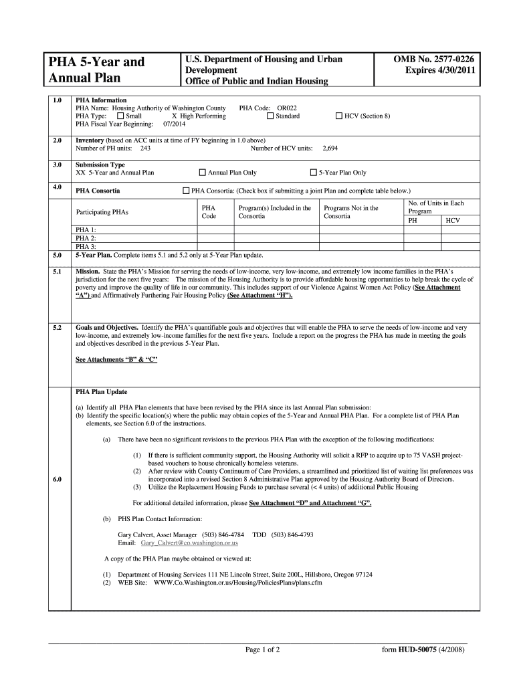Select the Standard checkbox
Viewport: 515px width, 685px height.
click(270, 116)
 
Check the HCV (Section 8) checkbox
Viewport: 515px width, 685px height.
click(338, 116)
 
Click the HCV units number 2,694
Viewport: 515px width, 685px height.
click(330, 148)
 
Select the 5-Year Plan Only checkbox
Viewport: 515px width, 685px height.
click(313, 173)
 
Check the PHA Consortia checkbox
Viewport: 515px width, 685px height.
click(186, 191)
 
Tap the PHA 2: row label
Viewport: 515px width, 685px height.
click(86, 237)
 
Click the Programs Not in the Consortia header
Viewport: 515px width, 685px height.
click(350, 212)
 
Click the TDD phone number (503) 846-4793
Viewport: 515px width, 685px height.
click(292, 534)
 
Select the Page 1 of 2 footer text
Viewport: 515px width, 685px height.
click(262, 650)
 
